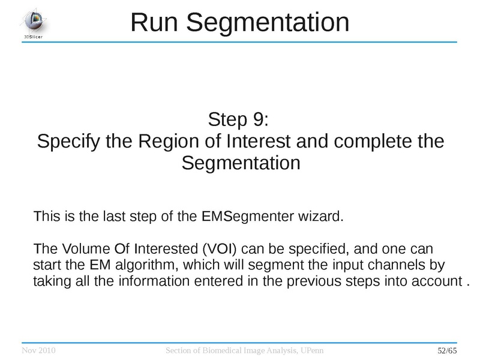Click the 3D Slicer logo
pos(33,23)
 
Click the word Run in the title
pos(154,23)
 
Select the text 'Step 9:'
pos(240,119)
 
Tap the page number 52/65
pos(446,350)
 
